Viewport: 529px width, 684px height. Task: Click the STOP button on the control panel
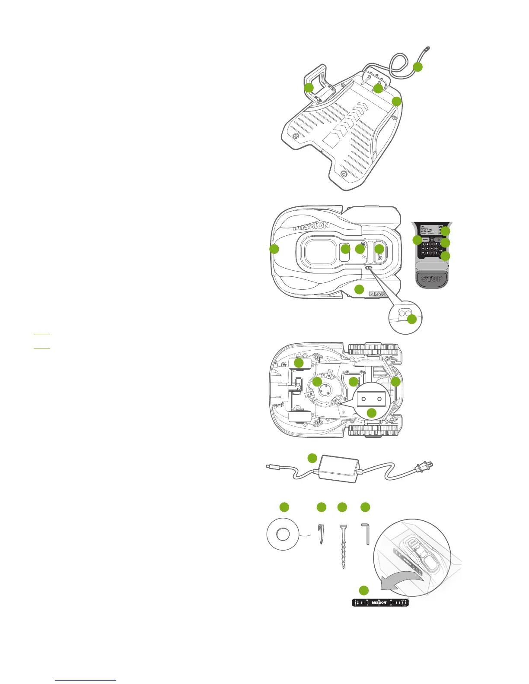[x=431, y=279]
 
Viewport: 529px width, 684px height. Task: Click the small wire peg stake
[x=320, y=534]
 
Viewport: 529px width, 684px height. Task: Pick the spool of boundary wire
[x=283, y=535]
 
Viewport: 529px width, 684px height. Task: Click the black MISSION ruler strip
[x=380, y=603]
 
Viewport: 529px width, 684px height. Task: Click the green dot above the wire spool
[x=284, y=507]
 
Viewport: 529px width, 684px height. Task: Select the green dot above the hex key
[x=365, y=507]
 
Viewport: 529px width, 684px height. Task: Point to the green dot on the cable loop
[x=417, y=67]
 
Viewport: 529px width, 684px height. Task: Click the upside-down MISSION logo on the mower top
[x=312, y=226]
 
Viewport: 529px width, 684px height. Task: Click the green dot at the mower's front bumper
[x=274, y=249]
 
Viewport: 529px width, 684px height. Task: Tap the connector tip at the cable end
[x=427, y=48]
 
